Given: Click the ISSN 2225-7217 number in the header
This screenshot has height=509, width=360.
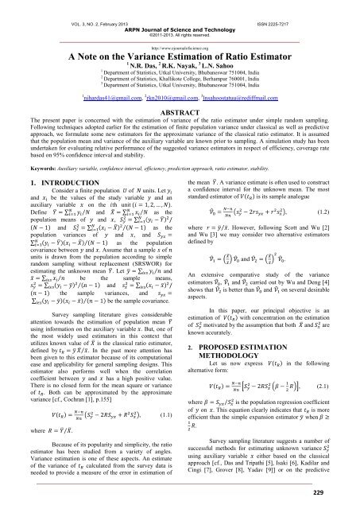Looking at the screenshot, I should coord(315,4).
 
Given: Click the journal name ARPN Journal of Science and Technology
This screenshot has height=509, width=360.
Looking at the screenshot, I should coord(180,13).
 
